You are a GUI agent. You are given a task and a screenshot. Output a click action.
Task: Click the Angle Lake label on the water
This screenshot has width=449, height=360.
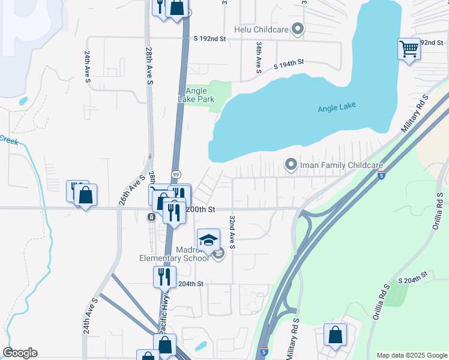pyautogui.click(x=336, y=106)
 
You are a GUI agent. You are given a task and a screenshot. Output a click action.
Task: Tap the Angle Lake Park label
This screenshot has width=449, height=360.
pyautogui.click(x=196, y=95)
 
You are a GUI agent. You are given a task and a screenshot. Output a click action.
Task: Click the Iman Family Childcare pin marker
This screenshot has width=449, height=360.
pyautogui.click(x=291, y=164)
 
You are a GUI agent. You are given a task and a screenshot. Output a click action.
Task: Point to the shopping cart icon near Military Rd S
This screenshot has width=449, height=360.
pyautogui.click(x=409, y=49)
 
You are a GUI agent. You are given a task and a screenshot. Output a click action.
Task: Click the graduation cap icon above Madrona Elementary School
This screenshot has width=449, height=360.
pyautogui.click(x=208, y=240)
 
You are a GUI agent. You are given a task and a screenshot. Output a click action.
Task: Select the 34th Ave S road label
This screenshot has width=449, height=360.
pyautogui.click(x=258, y=58)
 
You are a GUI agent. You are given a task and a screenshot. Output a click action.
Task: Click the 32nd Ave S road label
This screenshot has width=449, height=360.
pyautogui.click(x=232, y=233)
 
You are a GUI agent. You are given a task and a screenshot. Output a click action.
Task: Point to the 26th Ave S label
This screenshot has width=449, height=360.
pyautogui.click(x=132, y=190)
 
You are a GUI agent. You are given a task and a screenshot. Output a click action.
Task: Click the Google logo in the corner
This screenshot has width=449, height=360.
pyautogui.click(x=20, y=353)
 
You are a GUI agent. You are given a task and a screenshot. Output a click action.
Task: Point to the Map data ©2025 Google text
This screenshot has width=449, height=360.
pyautogui.click(x=411, y=355)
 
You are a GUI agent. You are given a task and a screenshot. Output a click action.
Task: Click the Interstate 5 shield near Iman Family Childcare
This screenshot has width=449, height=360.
pyautogui.click(x=382, y=175)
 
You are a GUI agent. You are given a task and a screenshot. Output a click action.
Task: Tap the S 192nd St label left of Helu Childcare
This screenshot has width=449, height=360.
pyautogui.click(x=209, y=38)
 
